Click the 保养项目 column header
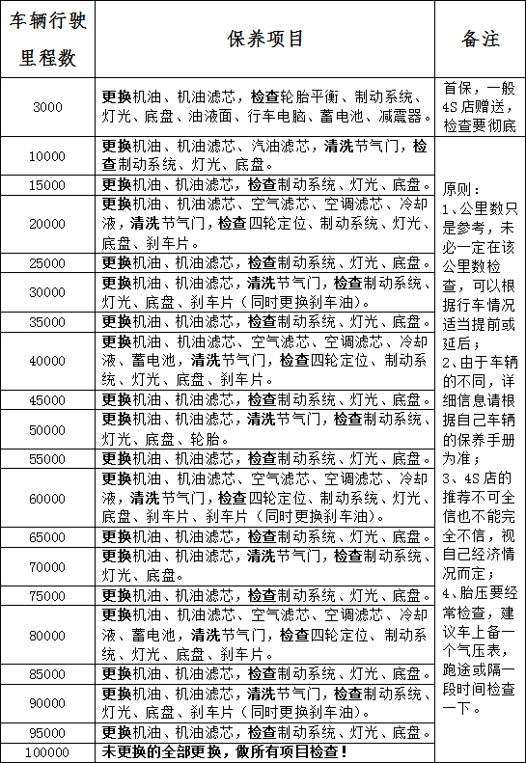coord(264,40)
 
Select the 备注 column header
coord(480,40)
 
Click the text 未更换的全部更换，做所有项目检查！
coord(225,751)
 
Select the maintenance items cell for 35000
coord(264,321)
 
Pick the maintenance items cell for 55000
coord(264,458)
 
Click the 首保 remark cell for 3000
coord(480,106)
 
